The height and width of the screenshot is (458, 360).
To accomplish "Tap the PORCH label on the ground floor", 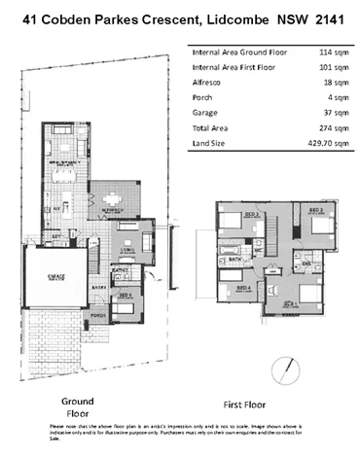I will click(97, 315).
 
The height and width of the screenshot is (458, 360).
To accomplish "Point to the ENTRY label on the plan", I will click(97, 288).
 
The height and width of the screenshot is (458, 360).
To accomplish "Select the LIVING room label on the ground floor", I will click(126, 249).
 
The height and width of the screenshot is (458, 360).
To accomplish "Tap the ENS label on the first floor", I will click(306, 263).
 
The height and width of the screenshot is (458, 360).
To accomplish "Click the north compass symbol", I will click(285, 370).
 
